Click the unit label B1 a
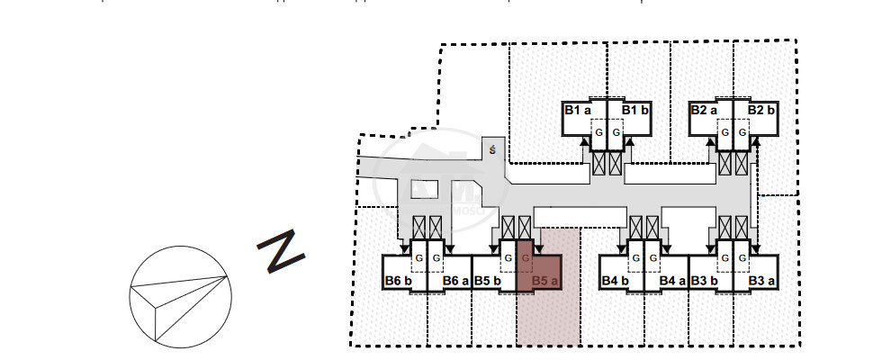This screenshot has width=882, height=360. (578, 110)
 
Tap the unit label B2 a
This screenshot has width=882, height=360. (705, 110)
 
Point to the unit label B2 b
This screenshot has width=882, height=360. (761, 110)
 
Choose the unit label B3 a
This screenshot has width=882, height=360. (761, 281)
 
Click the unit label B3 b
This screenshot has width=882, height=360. (705, 281)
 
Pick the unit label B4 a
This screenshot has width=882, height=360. (673, 281)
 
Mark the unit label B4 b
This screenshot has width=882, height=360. (616, 281)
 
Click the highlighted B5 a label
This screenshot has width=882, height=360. (545, 281)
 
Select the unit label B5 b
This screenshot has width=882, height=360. (488, 281)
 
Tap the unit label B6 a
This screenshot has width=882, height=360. (456, 281)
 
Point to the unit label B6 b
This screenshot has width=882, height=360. (399, 281)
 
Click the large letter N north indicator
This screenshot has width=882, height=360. (281, 252)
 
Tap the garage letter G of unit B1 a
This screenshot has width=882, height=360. (596, 133)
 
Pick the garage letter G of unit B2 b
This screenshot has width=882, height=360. (743, 133)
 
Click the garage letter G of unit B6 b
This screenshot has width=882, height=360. (418, 259)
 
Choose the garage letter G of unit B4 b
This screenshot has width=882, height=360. (636, 259)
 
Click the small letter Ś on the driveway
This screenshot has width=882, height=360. (491, 150)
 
